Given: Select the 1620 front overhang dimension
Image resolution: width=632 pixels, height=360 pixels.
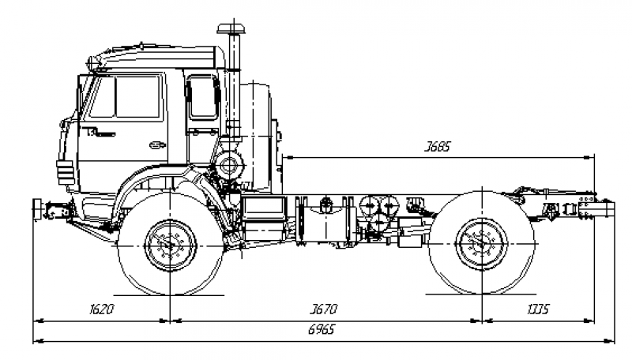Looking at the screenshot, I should [103, 309].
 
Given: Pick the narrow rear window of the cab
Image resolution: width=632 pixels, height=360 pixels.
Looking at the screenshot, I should [202, 97].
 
